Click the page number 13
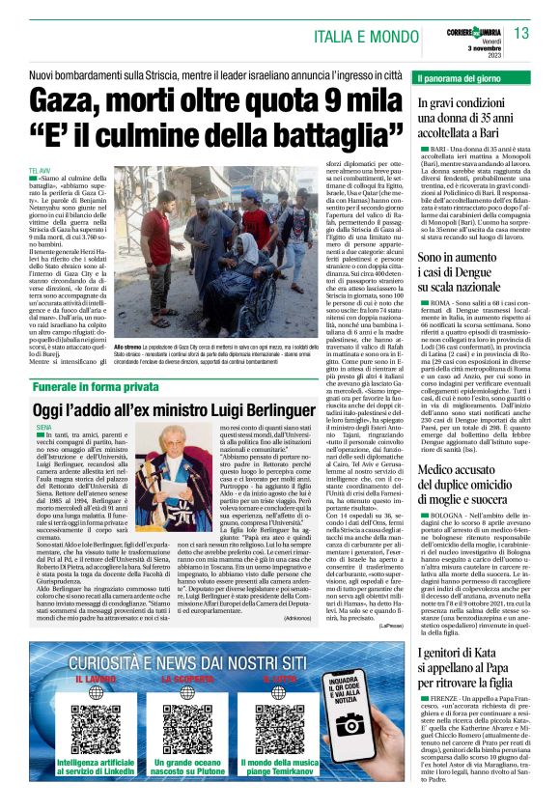pos(521,34)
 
